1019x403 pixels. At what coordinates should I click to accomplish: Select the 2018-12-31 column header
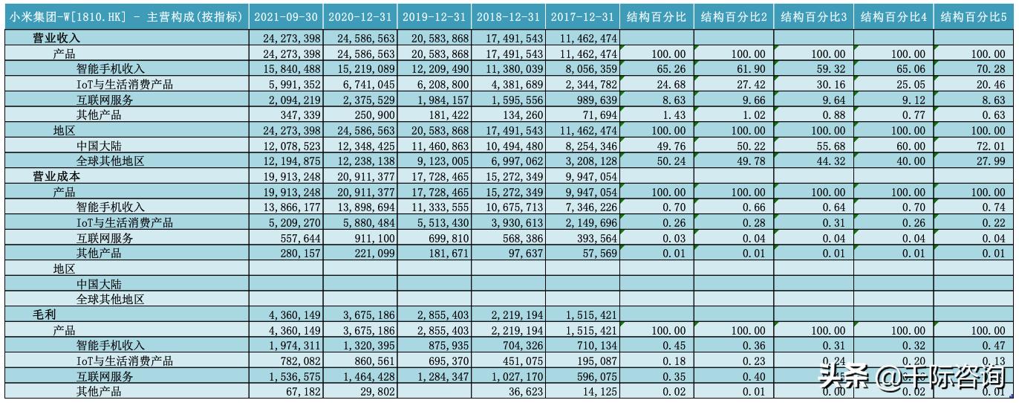(509, 16)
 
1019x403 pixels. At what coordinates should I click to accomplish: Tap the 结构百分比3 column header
(815, 16)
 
